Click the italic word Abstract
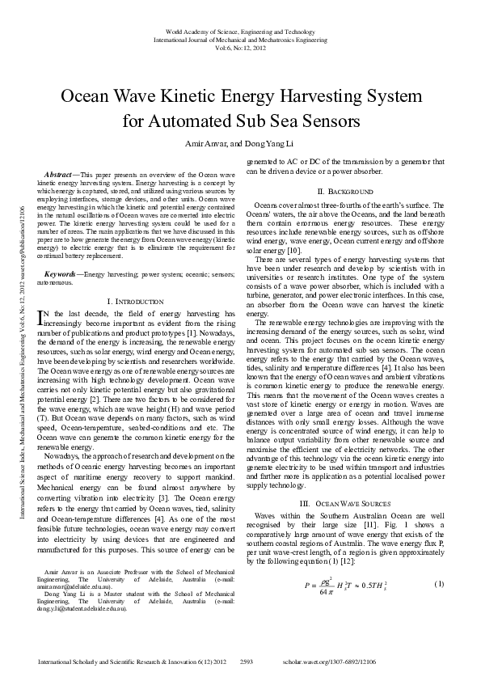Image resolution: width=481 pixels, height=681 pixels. point(56,175)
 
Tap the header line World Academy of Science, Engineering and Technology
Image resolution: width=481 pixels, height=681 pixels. point(240,30)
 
